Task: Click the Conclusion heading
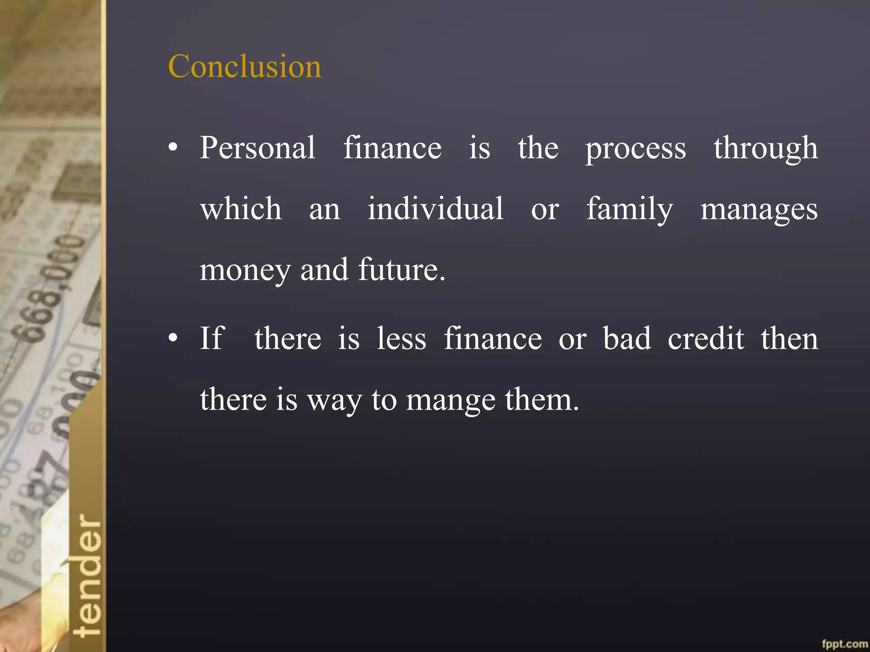(x=245, y=67)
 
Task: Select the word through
(x=765, y=149)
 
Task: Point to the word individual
(x=435, y=209)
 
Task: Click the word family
(x=630, y=210)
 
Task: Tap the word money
(x=245, y=271)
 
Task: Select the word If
(x=212, y=338)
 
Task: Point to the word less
(x=401, y=339)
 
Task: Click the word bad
(x=627, y=338)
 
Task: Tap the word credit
(x=706, y=338)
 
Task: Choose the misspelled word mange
(x=451, y=401)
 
